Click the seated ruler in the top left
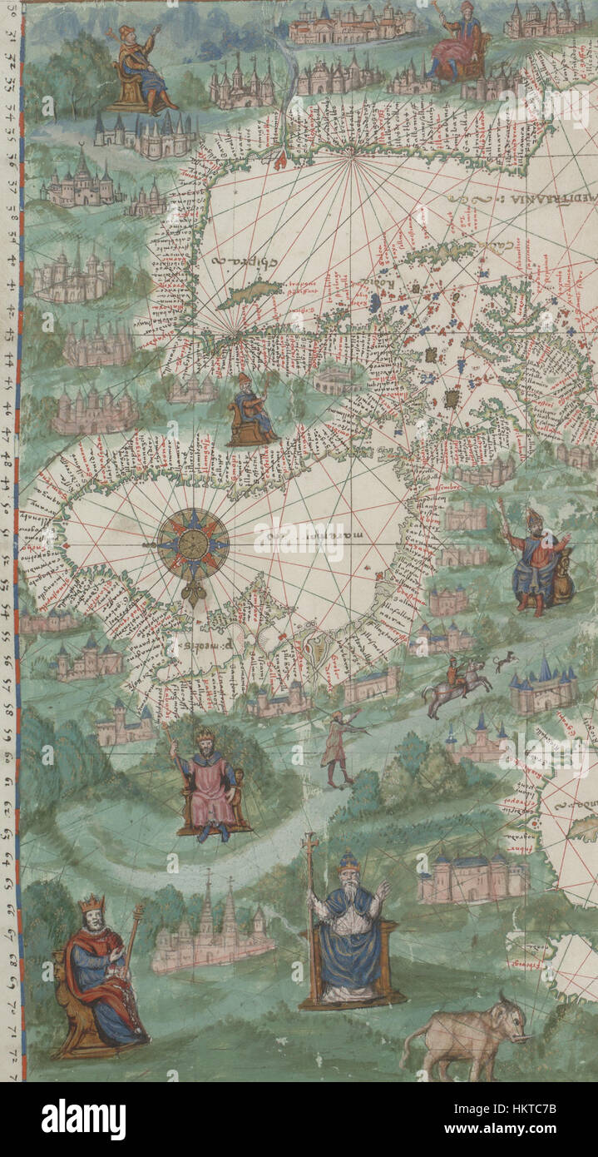coord(141,71)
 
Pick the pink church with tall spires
coord(212,928)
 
